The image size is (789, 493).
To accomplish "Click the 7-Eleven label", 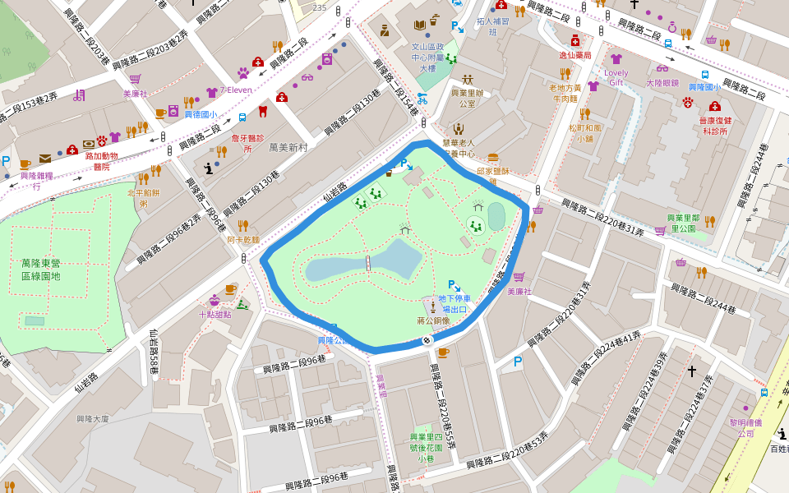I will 236,90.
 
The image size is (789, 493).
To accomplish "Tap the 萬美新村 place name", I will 288,147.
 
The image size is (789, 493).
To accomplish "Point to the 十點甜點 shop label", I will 215,314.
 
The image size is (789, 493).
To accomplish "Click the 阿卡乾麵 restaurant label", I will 243,240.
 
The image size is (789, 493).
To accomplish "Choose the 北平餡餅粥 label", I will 143,198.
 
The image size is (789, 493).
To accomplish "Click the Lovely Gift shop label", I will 616,77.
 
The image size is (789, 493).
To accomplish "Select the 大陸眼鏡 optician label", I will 662,83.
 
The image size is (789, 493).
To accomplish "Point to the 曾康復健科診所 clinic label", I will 714,126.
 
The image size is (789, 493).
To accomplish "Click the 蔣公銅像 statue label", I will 432,320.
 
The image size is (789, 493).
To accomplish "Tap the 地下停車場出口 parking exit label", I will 454,303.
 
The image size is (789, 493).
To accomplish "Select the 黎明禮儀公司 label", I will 745,427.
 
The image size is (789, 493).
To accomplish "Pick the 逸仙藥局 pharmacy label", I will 575,55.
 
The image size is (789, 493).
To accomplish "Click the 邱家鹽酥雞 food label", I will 493,175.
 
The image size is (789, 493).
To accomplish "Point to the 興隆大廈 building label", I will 92,418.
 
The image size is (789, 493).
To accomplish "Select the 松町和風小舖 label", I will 585,133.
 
